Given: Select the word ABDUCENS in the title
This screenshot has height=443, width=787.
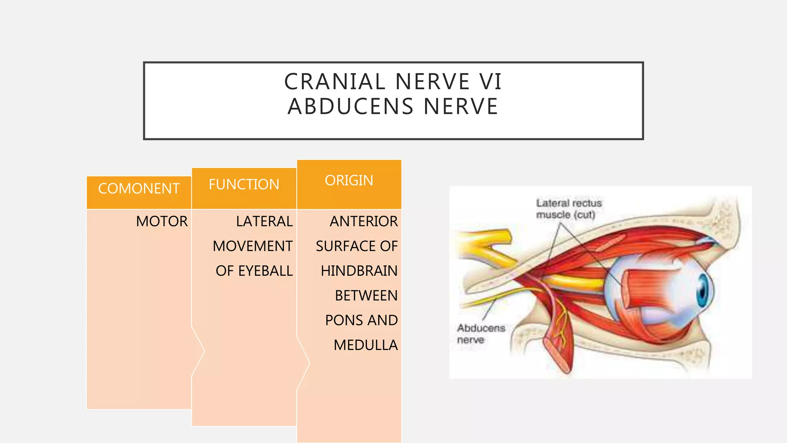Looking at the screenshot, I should coord(350,107).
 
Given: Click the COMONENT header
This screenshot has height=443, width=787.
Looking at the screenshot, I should coord(139,188).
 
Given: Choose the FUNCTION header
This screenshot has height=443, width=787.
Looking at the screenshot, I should coord(244,184).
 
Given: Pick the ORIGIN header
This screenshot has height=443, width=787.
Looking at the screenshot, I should coord(349,180).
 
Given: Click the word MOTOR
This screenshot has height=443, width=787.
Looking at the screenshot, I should coord(162,221).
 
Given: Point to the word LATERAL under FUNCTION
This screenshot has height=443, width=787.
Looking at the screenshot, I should coord(264,221).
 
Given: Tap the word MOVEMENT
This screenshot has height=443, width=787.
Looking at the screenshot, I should coord(252,246).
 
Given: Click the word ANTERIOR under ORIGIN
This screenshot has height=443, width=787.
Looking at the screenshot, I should coord(364,221).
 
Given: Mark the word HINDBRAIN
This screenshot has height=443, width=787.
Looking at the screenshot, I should coord(359,271).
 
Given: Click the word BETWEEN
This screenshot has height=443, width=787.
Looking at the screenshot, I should coord(366,296).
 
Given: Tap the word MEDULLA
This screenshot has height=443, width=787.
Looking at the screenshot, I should coord(365,345).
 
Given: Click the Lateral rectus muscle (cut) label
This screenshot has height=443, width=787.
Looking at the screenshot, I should coord(569,209).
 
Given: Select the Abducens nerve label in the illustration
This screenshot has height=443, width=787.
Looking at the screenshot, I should coord(480,334).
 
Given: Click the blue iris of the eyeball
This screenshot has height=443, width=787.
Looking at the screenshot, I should coord(703,291).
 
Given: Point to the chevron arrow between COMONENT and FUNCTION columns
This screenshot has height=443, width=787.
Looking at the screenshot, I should coord(199,351).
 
